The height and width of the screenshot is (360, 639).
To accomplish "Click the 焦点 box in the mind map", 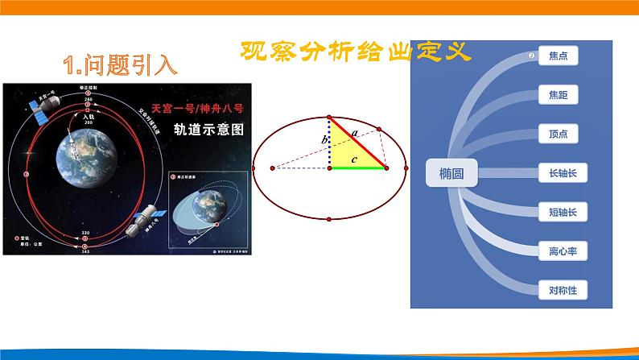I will [x=558, y=56].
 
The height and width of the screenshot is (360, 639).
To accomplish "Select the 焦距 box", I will [x=558, y=95].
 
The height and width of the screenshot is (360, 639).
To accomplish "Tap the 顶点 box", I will [x=558, y=134].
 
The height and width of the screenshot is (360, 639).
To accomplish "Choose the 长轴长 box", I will [x=558, y=172].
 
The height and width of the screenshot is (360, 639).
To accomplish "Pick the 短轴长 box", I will [x=558, y=212].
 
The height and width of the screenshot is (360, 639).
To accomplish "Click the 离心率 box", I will [x=558, y=250].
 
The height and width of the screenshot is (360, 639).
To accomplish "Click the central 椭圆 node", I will [x=451, y=173].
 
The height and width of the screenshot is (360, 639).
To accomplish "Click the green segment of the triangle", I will [x=357, y=168].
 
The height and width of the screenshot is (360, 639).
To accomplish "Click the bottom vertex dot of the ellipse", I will [x=330, y=219].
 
